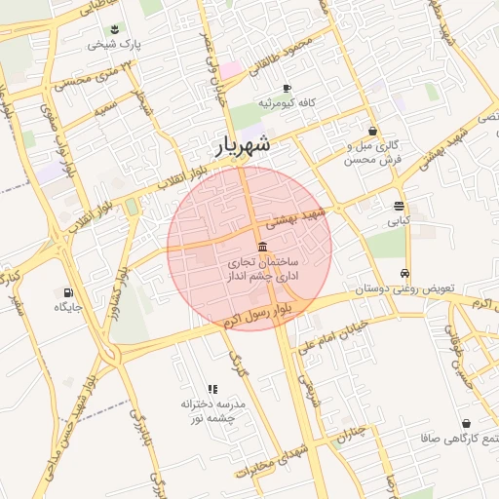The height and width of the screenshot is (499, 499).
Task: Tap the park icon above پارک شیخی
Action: [x=115, y=29]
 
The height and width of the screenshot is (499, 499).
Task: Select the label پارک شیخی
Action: [x=115, y=45]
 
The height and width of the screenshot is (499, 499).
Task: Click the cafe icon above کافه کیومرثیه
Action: [x=286, y=89]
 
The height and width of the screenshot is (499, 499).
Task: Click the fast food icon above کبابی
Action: [x=400, y=206]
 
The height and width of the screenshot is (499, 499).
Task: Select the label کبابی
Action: [x=400, y=221]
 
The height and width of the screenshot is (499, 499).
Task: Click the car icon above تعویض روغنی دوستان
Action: [x=404, y=274]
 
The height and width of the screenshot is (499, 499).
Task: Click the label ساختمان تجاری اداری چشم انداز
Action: [x=263, y=270]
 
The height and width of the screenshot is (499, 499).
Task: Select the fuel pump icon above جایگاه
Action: [x=67, y=292]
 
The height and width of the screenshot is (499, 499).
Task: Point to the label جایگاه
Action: [x=68, y=308]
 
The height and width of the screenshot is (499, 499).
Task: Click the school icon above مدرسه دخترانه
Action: [x=212, y=389]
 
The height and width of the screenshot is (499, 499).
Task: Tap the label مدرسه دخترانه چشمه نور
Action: [x=212, y=410]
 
